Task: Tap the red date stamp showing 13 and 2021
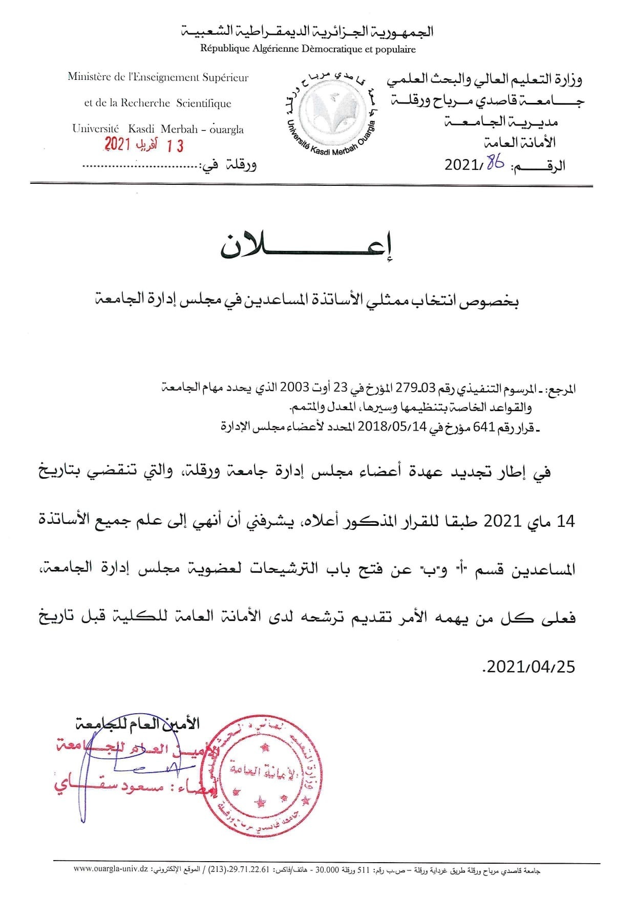(144, 145)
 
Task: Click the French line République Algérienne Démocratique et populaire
(308, 50)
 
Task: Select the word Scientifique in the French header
(203, 103)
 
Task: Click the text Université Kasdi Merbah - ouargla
(158, 129)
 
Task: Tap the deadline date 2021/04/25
(530, 667)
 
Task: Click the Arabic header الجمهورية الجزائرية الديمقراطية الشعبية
(308, 32)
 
